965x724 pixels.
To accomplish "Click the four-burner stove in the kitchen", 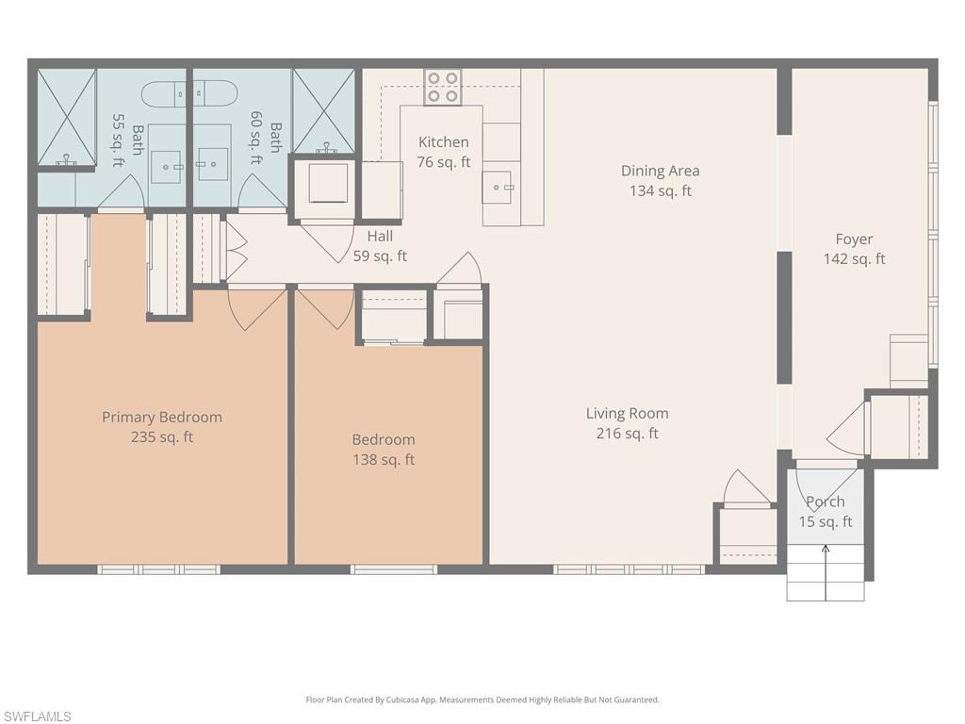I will pos(442,87).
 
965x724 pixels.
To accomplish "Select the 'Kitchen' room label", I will pos(443,142).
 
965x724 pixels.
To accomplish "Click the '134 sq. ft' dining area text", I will pos(660,190).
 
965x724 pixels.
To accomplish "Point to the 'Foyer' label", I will pos(854,239).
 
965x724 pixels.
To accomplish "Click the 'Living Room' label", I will pos(627,413).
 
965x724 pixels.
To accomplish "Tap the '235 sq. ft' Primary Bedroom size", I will pos(162,437).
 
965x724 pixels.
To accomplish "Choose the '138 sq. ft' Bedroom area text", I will pos(383,460).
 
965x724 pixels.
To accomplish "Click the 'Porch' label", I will pos(826,502).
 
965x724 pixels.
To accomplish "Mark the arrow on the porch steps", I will pos(826,570).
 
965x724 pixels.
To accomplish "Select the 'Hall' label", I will pos(380,236).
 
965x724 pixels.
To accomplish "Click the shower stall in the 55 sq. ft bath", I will pos(67,117).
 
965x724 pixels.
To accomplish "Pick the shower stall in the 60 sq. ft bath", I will pos(323,110).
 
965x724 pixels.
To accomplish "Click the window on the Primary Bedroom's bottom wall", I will pos(159,569).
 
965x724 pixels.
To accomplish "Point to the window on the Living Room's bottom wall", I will pos(629,569).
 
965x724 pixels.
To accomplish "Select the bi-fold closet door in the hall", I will pos(236,250).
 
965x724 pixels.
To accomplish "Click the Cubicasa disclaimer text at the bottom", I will pos(482,699).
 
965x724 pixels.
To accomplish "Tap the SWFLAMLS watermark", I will pos(37,716).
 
